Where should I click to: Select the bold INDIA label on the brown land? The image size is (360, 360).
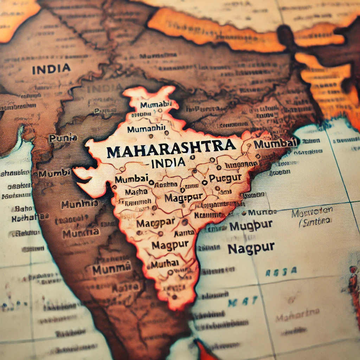pos(51,69)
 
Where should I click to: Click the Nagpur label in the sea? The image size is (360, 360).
pos(251,248)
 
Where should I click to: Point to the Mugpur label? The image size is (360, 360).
pos(251,225)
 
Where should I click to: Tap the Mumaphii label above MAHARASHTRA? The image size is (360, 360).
pos(146,129)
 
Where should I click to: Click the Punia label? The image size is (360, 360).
pos(63,138)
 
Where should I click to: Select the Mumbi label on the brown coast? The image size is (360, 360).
pos(52,174)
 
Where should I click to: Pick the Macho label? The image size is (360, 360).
pos(136,192)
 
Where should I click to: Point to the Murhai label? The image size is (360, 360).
pos(165,263)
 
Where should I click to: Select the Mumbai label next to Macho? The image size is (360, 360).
pos(132,179)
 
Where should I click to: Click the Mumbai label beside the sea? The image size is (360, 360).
pos(274,144)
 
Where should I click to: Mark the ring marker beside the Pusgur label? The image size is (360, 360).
pos(204,182)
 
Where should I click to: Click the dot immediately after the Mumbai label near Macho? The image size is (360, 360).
pos(151,182)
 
